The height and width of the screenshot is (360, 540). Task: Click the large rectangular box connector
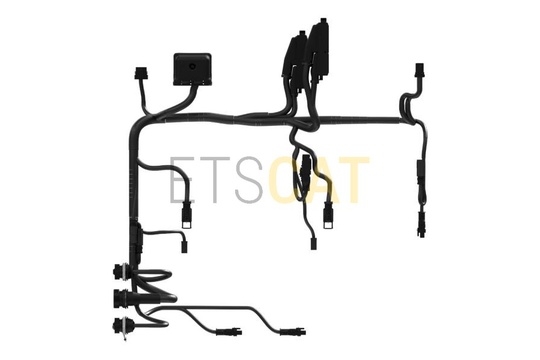click(192, 68)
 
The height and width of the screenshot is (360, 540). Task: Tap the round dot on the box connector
click(192, 66)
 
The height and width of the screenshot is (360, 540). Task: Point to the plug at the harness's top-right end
click(419, 70)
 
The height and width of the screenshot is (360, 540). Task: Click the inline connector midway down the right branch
click(420, 168)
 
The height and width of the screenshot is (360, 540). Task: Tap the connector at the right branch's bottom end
click(422, 224)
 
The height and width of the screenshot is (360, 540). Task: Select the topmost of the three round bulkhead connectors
click(119, 270)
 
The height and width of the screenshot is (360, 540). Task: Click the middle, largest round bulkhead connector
click(121, 298)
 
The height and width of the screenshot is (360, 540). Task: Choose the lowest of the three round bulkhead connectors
click(119, 326)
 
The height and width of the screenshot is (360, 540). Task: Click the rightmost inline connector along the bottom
click(293, 332)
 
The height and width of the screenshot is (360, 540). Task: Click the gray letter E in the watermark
click(182, 179)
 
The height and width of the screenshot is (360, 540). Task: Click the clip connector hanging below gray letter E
click(186, 217)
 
